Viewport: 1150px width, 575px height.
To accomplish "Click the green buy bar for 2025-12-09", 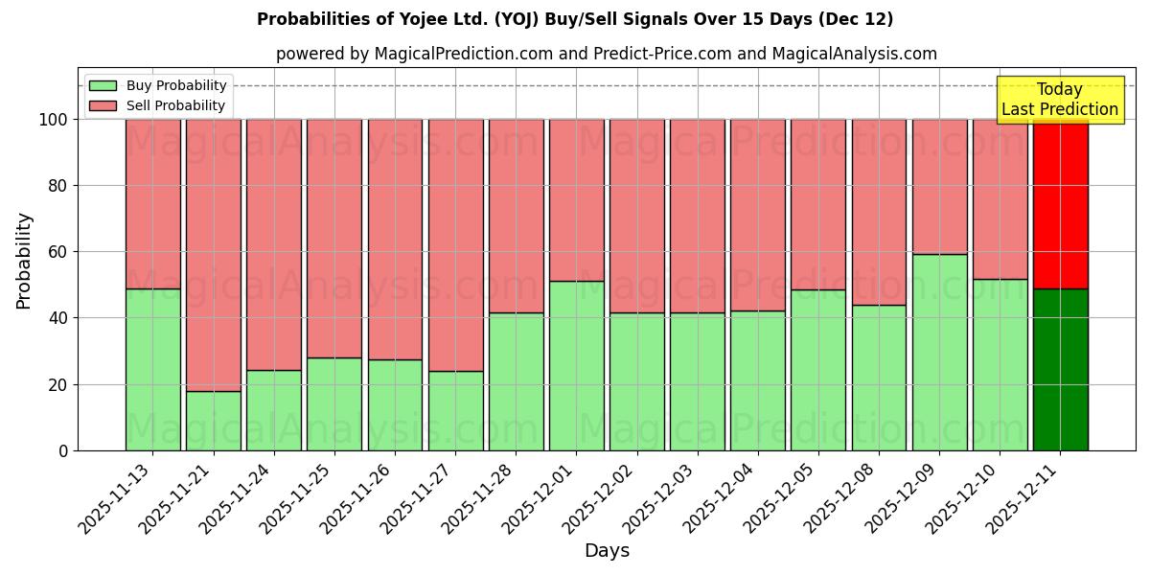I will click(x=939, y=352).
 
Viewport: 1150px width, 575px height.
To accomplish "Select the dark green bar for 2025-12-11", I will click(x=1060, y=369).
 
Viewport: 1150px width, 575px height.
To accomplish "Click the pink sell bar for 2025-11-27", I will click(x=455, y=244).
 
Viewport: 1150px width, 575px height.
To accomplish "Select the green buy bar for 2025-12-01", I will click(x=576, y=365).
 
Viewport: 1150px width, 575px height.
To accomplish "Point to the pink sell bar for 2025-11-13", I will click(x=152, y=203).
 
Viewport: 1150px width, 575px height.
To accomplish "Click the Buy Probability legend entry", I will click(x=158, y=85).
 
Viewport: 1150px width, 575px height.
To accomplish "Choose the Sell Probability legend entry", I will click(x=158, y=105).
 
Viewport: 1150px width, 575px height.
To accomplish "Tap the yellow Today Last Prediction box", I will click(x=1059, y=100).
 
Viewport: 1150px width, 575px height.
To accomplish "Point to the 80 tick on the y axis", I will click(x=58, y=186).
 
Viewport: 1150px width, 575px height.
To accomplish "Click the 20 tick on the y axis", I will click(x=58, y=384).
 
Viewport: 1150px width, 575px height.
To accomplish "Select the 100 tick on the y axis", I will click(x=54, y=120).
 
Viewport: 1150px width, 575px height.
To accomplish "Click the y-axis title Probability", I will click(x=24, y=260).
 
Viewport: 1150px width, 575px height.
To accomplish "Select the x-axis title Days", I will click(x=607, y=551).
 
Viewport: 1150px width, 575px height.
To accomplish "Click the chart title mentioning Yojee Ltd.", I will click(x=575, y=19).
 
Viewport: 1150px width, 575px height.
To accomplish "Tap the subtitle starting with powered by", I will click(x=606, y=54).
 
